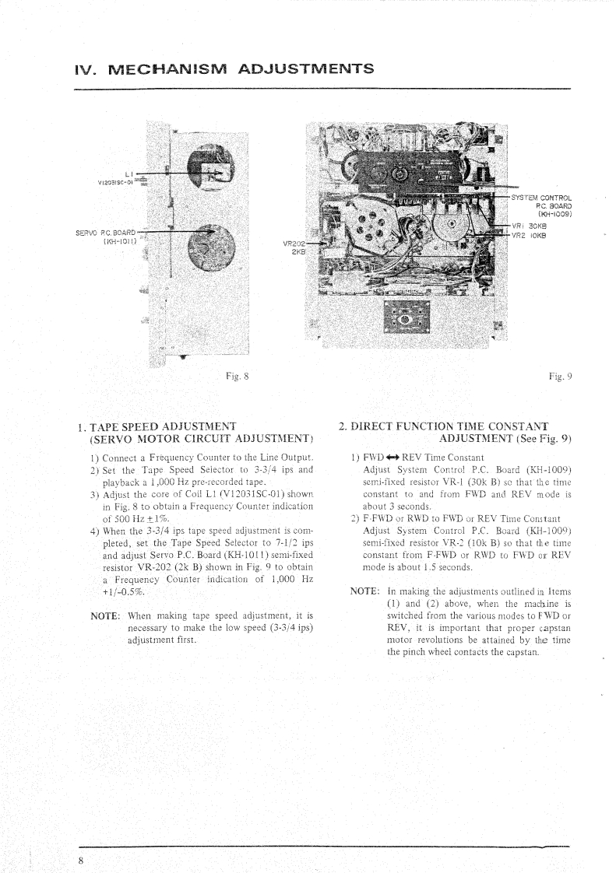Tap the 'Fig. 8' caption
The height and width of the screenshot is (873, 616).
[234, 377]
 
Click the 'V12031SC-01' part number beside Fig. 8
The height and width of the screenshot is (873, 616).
[116, 183]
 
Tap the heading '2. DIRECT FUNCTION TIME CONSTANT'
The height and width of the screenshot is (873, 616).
[444, 426]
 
